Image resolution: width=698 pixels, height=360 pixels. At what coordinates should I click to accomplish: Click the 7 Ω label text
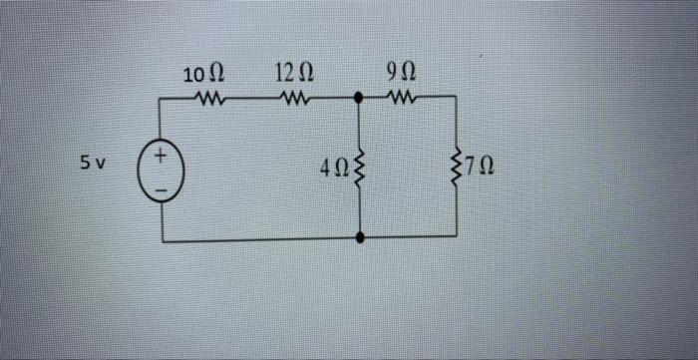(481, 168)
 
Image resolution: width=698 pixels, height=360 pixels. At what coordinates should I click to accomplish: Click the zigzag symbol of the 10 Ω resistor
(211, 99)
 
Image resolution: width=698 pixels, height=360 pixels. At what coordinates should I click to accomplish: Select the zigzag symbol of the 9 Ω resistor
(402, 99)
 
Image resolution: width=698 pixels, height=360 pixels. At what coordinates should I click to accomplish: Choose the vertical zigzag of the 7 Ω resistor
(458, 168)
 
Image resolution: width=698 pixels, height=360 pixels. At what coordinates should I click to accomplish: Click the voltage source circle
(163, 169)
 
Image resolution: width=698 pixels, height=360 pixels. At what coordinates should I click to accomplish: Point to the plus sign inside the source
(163, 157)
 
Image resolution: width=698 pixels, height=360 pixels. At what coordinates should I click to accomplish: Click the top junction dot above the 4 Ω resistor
(361, 99)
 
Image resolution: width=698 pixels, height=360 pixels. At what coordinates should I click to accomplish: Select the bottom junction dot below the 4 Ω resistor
(361, 237)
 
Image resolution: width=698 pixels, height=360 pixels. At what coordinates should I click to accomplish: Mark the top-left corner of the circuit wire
(163, 99)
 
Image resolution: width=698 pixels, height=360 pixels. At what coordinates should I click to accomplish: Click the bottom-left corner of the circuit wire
(163, 237)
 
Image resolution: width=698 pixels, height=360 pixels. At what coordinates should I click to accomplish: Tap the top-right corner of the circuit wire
(458, 99)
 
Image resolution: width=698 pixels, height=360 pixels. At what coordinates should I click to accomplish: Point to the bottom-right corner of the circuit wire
(458, 237)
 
